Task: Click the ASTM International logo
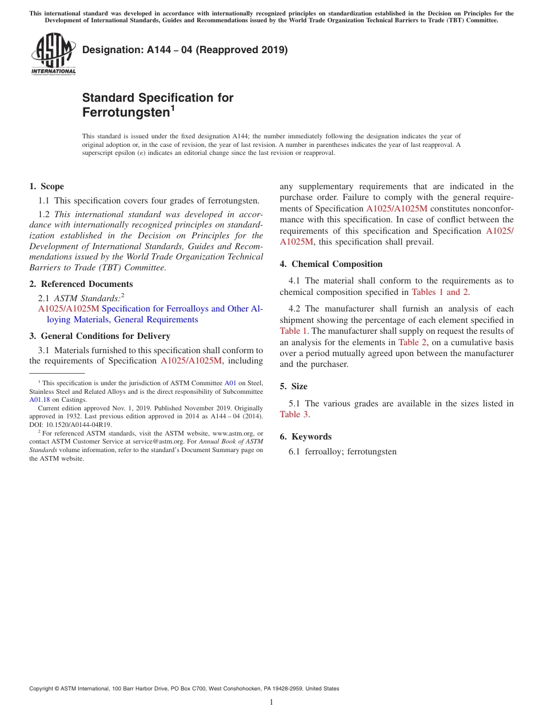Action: [53, 54]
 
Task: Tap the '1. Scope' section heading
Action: [46, 186]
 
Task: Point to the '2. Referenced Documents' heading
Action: [81, 284]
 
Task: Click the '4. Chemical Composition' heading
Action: [331, 264]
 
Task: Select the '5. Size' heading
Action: [293, 386]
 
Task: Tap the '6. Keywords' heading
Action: [305, 437]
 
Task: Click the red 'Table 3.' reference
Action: [295, 414]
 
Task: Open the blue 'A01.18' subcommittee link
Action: [39, 400]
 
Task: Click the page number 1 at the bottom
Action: [271, 702]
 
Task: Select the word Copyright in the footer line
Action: [43, 689]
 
